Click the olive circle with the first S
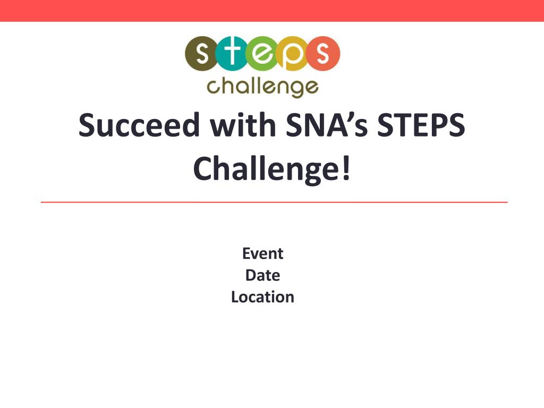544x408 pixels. click(x=202, y=54)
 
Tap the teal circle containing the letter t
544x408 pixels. click(x=232, y=54)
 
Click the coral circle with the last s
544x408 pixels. click(x=322, y=54)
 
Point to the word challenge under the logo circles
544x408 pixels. click(x=262, y=88)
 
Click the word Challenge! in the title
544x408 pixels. click(x=272, y=168)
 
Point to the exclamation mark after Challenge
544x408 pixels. click(x=346, y=168)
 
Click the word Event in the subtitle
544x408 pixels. click(x=262, y=253)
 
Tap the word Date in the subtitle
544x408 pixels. click(x=262, y=276)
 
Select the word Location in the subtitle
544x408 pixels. click(x=262, y=297)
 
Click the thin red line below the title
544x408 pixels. click(x=274, y=202)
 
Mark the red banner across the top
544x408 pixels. click(x=272, y=11)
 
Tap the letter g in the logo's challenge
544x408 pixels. click(x=296, y=89)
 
